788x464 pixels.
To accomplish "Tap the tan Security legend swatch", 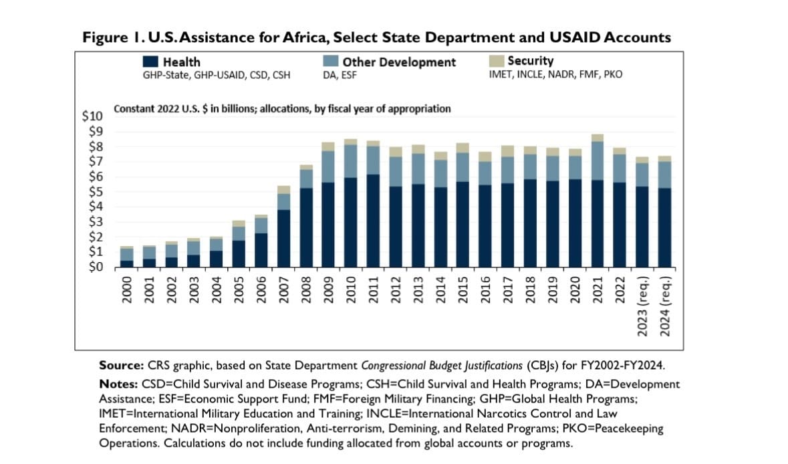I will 497,62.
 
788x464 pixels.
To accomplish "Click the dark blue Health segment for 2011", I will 373,221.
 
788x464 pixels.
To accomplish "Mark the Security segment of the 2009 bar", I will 327,146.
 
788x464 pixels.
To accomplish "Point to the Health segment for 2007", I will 283,238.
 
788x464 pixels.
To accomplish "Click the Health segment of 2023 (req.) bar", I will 642,227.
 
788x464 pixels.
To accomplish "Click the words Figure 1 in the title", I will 106,38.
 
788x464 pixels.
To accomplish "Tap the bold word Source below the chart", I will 118,366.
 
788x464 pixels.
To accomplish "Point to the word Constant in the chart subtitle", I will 134,108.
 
